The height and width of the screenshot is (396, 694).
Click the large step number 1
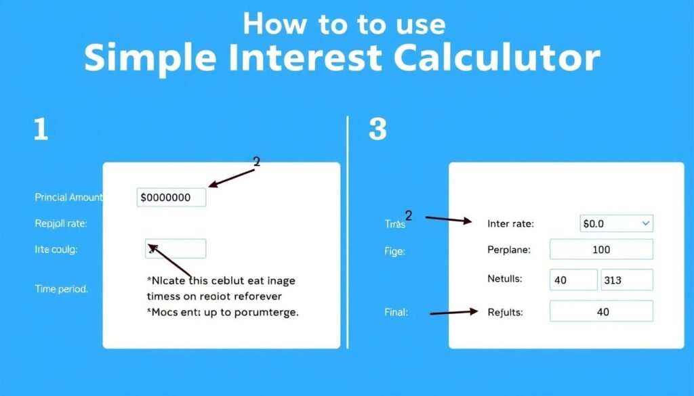click(41, 129)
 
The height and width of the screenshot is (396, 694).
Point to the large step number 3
click(378, 129)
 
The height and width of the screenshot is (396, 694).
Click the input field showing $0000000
click(171, 198)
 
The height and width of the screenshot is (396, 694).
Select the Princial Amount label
click(68, 198)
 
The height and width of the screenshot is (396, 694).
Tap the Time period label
click(61, 288)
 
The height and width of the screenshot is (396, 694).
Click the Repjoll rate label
click(60, 223)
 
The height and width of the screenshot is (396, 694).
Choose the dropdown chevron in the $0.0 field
click(645, 223)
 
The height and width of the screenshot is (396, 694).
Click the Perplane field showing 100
click(601, 249)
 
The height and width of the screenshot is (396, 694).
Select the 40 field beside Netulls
click(573, 280)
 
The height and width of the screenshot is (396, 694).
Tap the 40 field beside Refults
click(601, 311)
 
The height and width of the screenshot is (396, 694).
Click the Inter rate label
click(510, 223)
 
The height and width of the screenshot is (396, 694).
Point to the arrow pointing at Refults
click(453, 313)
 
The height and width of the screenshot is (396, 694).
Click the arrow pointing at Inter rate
click(448, 220)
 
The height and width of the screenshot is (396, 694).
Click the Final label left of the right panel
click(396, 312)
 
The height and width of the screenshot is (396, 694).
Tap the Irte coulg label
click(56, 249)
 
